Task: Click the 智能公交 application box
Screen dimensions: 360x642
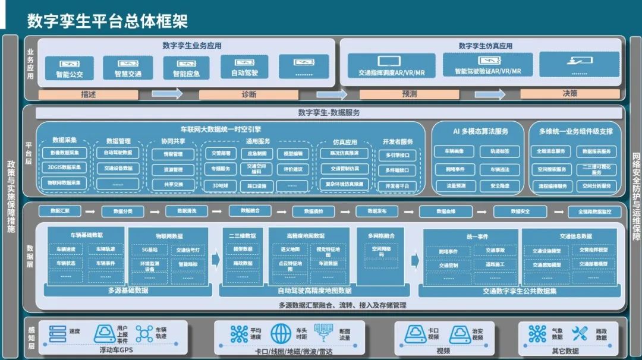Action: coord(69,68)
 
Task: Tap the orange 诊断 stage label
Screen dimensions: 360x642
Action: coord(248,94)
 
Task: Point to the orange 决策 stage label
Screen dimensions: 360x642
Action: coord(569,94)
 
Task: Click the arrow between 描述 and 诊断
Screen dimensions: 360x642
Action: coord(167,94)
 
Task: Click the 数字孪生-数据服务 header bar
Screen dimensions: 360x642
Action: coord(329,112)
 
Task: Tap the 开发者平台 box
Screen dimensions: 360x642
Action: coord(396,186)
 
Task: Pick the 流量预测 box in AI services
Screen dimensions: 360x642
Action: coord(455,186)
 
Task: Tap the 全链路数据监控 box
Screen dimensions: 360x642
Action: coord(594,211)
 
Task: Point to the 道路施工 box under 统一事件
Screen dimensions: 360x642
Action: coord(495,264)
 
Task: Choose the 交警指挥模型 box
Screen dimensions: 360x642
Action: coord(593,250)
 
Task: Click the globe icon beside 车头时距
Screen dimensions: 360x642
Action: coord(281,334)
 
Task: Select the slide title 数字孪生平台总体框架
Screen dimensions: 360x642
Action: coord(107,21)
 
